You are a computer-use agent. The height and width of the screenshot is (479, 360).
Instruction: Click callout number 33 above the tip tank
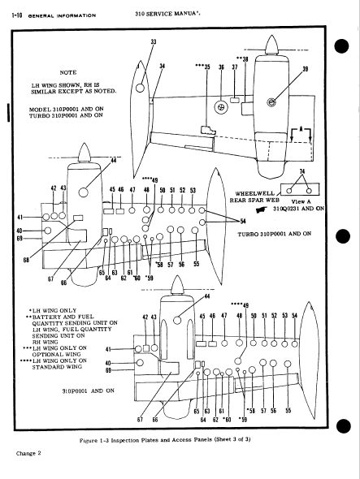154,41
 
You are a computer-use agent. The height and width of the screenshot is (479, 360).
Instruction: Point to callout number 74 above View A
302,171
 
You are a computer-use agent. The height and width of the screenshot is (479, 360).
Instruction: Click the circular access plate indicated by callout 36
220,106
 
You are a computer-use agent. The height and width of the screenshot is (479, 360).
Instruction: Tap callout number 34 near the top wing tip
162,67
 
